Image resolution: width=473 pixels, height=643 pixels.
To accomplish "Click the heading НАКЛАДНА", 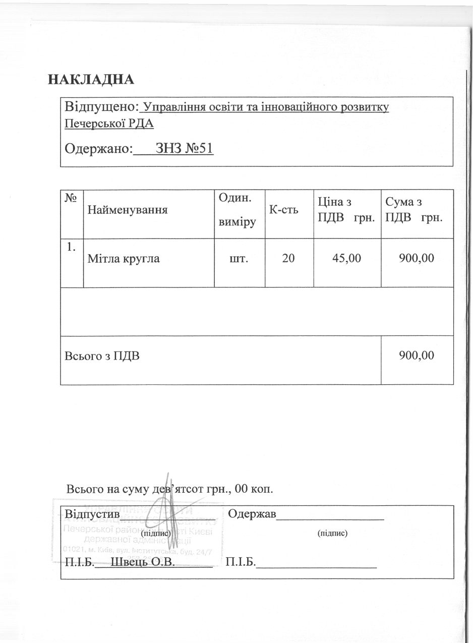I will (91, 80).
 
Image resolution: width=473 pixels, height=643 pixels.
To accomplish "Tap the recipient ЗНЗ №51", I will (185, 148).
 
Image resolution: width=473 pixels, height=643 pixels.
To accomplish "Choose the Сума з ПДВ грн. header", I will (414, 210).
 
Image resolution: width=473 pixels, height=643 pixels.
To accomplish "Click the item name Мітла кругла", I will (124, 259).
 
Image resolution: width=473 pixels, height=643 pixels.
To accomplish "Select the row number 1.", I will (72, 247).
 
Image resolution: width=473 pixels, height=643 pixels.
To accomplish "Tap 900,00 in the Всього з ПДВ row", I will (417, 355).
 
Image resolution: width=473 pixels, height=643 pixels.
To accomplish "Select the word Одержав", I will (252, 514).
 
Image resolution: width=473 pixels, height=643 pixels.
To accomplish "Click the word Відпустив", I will (92, 514).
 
